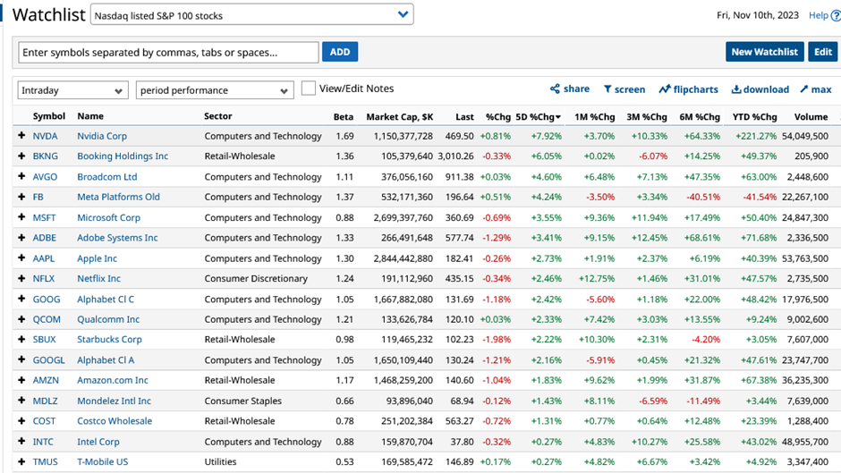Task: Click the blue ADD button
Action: click(x=340, y=52)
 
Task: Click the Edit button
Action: click(x=822, y=52)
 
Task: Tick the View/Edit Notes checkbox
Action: click(x=309, y=89)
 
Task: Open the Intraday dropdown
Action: click(x=72, y=90)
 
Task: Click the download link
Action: click(x=760, y=89)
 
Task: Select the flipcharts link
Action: click(x=689, y=89)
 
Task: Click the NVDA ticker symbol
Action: click(x=45, y=136)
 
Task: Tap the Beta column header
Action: click(x=344, y=116)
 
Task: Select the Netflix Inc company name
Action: click(x=98, y=279)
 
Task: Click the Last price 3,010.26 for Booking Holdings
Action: click(x=454, y=156)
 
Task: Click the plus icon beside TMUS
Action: click(x=21, y=462)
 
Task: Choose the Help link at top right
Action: click(x=819, y=15)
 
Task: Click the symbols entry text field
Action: click(x=168, y=53)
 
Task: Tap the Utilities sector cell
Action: click(x=221, y=462)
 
